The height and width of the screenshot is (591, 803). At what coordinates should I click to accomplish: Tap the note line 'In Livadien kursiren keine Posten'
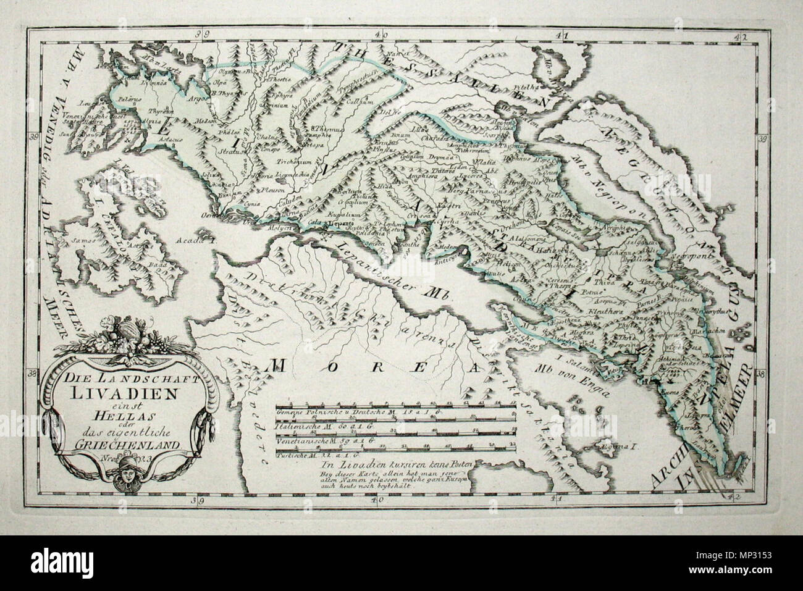coord(371,464)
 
